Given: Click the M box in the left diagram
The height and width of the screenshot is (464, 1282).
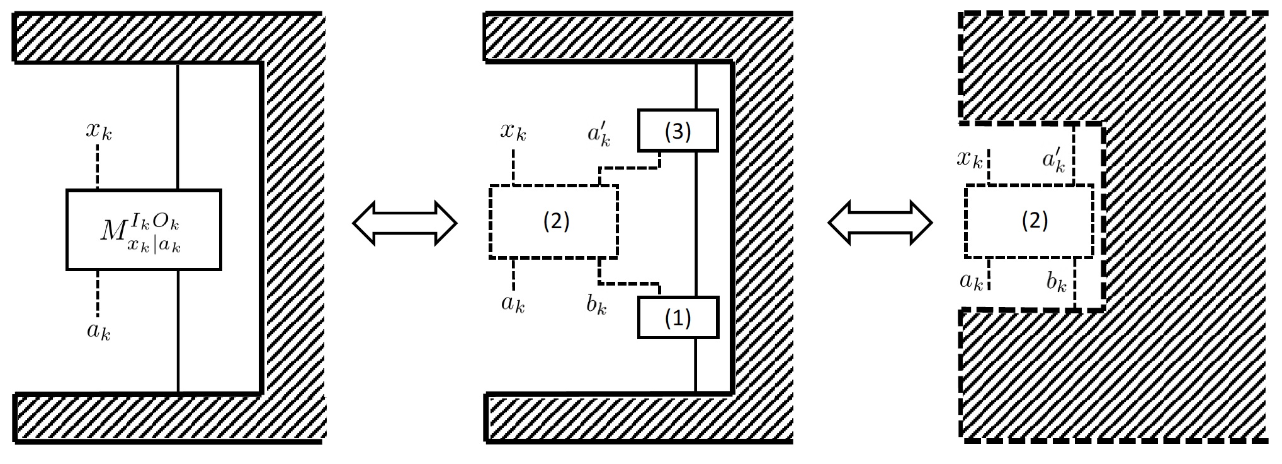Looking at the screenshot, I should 144,230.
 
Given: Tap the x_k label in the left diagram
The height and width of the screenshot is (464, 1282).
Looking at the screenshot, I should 99,131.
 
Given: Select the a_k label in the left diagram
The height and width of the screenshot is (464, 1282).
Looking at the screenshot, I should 98,330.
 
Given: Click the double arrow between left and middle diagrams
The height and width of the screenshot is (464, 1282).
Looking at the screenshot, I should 404,223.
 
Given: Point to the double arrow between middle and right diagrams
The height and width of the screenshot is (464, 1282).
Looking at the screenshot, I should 880,223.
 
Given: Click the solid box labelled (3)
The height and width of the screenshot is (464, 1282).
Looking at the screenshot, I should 678,130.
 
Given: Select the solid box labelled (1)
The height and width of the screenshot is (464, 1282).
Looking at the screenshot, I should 678,318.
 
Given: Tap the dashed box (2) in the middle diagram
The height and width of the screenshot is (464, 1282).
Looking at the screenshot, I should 553,221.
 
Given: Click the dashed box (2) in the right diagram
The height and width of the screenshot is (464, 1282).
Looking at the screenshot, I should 1029,221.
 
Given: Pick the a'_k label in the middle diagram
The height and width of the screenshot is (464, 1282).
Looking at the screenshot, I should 599,134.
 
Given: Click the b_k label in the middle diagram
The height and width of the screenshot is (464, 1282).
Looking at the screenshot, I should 596,304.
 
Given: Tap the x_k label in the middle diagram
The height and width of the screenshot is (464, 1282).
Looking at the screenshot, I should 513,131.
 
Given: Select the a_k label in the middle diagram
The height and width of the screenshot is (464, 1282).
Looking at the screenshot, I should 513,303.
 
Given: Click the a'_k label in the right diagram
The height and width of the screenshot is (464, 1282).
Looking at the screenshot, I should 1053,159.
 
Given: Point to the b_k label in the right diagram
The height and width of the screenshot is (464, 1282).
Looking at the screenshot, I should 1056,281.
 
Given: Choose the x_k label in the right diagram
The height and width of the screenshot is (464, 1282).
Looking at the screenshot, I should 970,158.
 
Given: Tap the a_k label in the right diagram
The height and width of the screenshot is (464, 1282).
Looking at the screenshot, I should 971,281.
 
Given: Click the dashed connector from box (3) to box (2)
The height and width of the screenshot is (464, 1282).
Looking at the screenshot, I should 630,168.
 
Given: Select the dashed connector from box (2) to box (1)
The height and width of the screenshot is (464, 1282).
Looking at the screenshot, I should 630,283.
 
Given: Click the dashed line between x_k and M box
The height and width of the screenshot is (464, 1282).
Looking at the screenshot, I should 98,166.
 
